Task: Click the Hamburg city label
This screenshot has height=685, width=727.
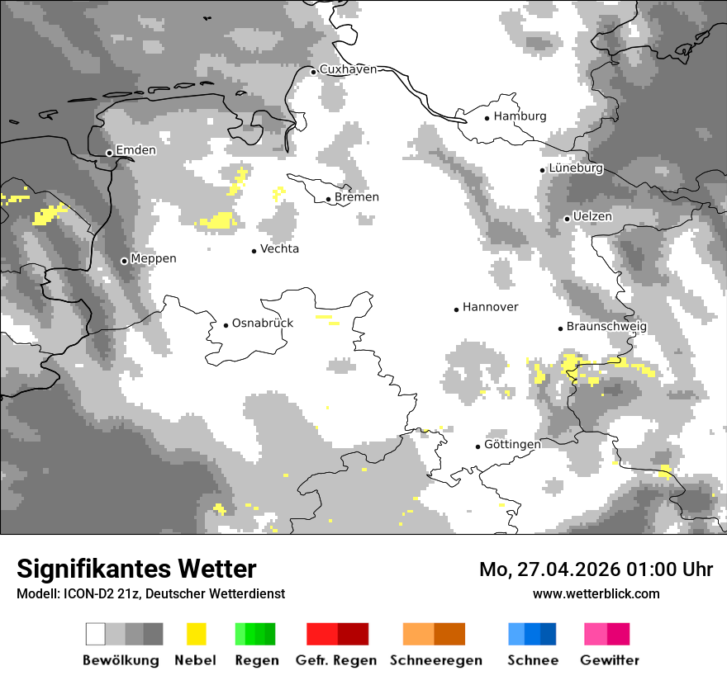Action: click(x=520, y=116)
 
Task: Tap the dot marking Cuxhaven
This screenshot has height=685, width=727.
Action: click(x=313, y=72)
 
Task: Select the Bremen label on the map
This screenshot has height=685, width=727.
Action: click(x=357, y=197)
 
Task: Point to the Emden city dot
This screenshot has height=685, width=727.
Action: click(x=109, y=153)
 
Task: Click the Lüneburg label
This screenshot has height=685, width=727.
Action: click(x=576, y=168)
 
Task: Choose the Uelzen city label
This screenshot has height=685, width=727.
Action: click(x=592, y=217)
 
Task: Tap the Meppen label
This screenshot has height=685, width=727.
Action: click(x=154, y=259)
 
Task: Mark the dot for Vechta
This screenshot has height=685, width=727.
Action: click(x=254, y=250)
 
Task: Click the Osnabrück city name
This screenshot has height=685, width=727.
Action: click(x=263, y=324)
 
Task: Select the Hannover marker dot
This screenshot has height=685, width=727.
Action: click(x=456, y=309)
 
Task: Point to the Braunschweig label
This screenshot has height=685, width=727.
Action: click(x=606, y=327)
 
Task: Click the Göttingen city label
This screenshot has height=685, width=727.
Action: click(x=512, y=445)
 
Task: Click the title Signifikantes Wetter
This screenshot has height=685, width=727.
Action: click(x=136, y=569)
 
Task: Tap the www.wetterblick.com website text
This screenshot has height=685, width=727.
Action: click(x=596, y=593)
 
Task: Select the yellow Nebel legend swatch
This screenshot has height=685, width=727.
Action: click(x=196, y=634)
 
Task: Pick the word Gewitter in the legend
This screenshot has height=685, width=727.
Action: click(x=610, y=660)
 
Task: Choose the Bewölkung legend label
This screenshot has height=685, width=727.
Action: click(x=121, y=660)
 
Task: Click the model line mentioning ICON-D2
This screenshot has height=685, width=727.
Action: click(x=150, y=594)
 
